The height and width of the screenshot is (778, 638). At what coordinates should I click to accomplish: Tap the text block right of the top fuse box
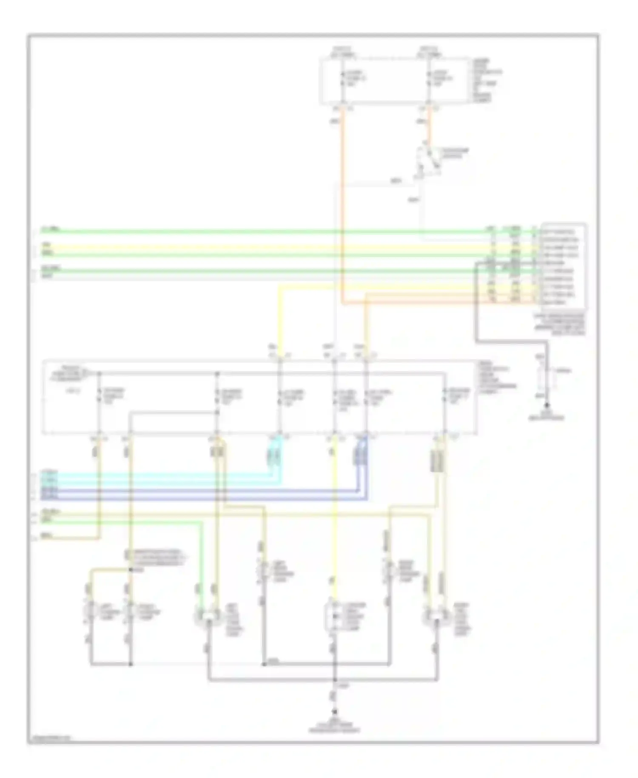486,80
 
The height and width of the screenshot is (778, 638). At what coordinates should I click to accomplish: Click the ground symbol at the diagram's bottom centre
335,712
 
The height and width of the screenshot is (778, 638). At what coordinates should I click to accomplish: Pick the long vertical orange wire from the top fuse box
342,204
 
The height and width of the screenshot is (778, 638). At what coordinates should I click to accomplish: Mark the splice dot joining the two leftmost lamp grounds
131,664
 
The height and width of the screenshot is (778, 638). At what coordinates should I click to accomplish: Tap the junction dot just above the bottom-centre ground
335,680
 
